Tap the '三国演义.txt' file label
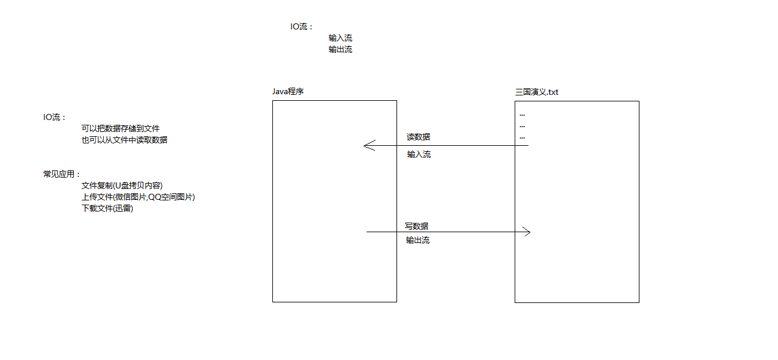(536, 92)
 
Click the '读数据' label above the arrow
(417, 137)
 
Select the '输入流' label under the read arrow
(419, 154)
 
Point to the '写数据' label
(416, 226)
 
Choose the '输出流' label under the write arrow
(417, 240)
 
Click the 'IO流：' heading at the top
(302, 27)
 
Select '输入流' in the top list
(340, 38)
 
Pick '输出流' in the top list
(340, 49)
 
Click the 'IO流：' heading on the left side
(55, 118)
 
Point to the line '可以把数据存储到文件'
(121, 128)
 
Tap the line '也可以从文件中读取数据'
(124, 140)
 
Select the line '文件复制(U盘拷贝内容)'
(122, 185)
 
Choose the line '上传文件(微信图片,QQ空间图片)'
(138, 197)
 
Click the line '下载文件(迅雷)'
(107, 208)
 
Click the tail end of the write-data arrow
(368, 232)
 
